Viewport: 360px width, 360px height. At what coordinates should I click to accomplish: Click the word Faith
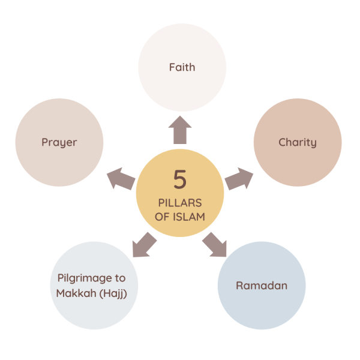click(182, 67)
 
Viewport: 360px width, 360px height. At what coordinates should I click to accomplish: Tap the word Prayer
click(59, 142)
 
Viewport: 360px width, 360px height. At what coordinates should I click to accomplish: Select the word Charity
click(298, 142)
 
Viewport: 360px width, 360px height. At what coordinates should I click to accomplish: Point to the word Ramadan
click(261, 286)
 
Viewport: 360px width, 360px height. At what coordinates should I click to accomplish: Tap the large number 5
click(180, 179)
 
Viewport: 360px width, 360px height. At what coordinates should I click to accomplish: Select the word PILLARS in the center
click(180, 203)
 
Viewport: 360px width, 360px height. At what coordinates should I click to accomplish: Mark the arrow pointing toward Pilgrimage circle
click(143, 244)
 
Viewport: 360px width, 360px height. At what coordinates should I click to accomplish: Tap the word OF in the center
click(162, 217)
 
